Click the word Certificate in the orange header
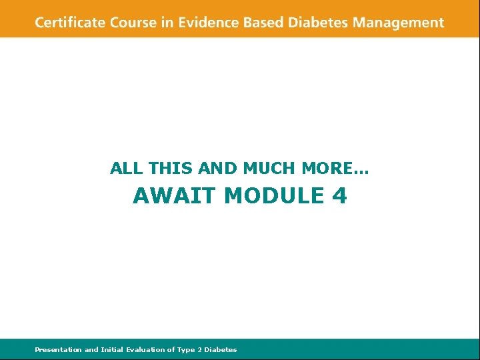(x=71, y=22)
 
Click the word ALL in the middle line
(x=121, y=169)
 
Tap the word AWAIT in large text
(x=175, y=196)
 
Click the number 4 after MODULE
(x=339, y=196)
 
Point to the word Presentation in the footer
(x=59, y=349)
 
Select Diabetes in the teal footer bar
(x=221, y=349)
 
